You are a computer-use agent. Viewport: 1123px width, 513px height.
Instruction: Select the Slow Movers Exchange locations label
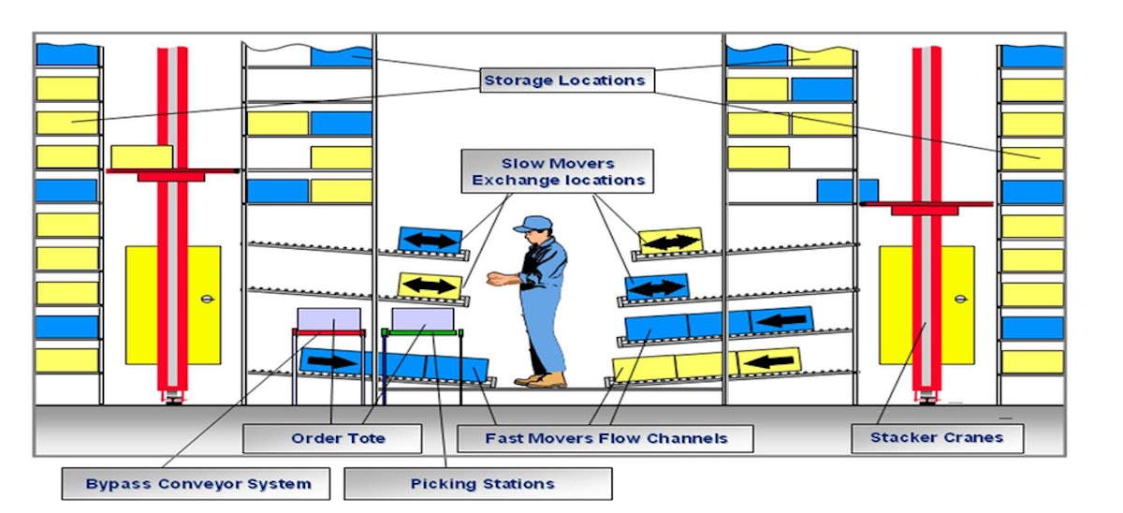559,170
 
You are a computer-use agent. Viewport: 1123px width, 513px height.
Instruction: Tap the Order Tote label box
332,438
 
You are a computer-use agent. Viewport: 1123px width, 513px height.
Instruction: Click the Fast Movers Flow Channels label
605,438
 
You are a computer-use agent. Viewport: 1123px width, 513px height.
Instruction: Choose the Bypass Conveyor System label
197,484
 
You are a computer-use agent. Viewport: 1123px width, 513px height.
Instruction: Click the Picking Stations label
478,484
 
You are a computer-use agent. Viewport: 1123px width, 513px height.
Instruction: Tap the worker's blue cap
530,224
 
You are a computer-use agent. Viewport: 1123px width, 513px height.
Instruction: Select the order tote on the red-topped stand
328,318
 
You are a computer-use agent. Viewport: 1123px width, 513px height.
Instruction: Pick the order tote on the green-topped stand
422,318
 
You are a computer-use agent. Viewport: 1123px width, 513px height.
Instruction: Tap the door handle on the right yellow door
960,299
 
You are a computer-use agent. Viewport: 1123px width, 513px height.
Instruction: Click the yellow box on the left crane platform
141,156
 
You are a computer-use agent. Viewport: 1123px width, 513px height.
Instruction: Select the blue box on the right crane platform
847,190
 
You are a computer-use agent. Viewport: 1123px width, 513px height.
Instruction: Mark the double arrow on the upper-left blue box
430,240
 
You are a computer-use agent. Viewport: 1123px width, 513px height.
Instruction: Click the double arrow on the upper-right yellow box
670,242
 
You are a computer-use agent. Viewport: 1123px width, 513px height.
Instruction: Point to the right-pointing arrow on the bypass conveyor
332,361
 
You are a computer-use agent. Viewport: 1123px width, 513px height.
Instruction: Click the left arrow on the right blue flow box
781,320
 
